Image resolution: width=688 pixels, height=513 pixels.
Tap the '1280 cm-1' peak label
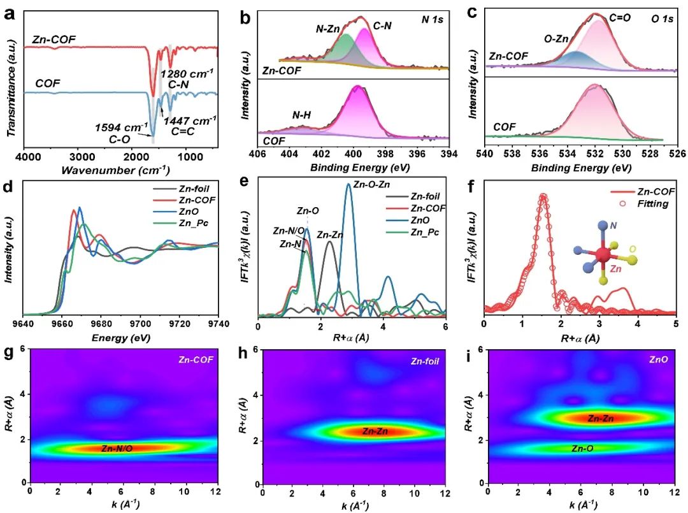pos(187,74)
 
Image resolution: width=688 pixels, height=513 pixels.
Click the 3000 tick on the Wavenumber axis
pos(82,157)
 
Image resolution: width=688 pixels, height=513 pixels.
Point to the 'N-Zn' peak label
pos(328,29)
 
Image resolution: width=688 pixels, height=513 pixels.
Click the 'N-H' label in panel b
pos(301,115)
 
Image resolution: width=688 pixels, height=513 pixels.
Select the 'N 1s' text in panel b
pos(432,19)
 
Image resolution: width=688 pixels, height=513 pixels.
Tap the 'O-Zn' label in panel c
pos(556,39)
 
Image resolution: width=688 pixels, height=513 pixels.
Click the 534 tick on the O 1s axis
pos(567,154)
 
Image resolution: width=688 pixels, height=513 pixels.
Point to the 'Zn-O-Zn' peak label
pos(371,184)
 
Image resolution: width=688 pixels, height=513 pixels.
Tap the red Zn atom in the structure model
pos(603,254)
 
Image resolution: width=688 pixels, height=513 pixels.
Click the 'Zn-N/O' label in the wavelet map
pos(117,449)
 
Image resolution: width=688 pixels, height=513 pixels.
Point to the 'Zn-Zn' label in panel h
pos(375,431)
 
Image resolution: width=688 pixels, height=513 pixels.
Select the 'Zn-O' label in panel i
pos(582,449)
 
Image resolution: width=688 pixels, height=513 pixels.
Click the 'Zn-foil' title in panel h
pos(425,361)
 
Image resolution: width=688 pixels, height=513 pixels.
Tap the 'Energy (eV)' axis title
pos(120,338)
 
